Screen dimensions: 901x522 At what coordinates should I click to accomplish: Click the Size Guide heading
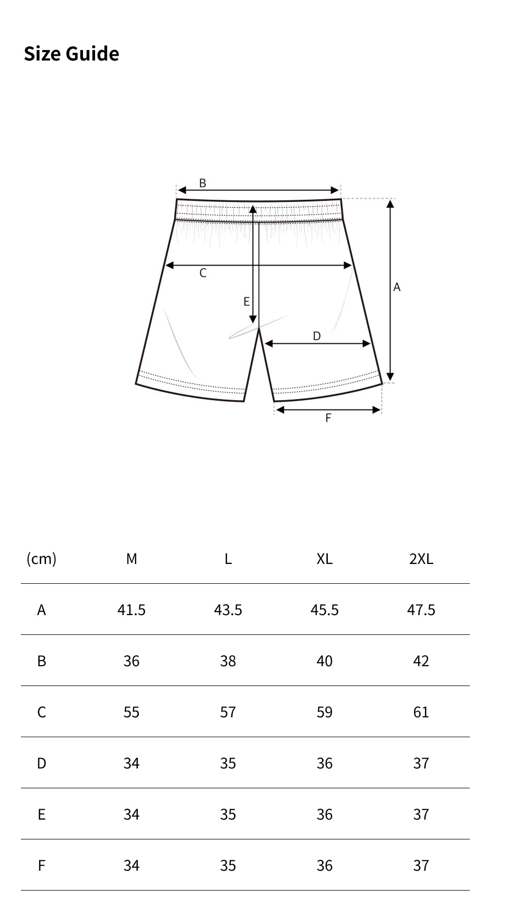(72, 54)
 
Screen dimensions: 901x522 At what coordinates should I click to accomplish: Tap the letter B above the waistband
(203, 183)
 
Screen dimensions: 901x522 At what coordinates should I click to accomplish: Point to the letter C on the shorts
(203, 273)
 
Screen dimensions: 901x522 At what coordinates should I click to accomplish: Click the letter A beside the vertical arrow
(397, 287)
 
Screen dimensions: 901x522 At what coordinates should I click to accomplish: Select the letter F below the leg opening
(328, 418)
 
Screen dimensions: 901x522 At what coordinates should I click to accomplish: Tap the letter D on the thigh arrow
(317, 336)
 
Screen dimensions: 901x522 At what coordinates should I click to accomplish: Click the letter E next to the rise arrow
(246, 302)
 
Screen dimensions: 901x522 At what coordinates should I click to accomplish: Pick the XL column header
(324, 559)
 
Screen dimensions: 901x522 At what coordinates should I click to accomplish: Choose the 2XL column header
(421, 559)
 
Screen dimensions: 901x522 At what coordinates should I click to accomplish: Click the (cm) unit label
(41, 559)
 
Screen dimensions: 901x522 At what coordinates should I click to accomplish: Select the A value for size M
(132, 609)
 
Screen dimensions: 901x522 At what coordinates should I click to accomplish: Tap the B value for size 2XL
(421, 661)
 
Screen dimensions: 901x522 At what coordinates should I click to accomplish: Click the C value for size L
(228, 712)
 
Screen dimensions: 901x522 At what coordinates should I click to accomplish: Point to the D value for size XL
(324, 763)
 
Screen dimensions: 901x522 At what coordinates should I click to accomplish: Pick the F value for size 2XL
(421, 866)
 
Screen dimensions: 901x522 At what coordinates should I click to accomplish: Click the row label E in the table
(42, 814)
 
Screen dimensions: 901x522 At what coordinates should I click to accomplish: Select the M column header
(132, 559)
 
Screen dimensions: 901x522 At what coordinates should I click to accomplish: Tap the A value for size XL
(324, 609)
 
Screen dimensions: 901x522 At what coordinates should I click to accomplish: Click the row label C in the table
(42, 712)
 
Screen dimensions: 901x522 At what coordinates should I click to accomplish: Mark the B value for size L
(228, 661)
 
